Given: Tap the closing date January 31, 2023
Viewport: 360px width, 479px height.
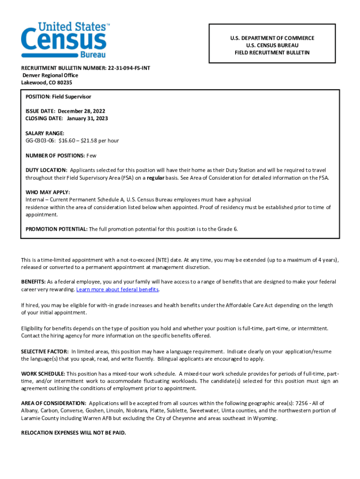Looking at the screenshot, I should click(x=87, y=118).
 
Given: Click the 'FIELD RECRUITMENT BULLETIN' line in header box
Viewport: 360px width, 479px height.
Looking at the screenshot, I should click(x=272, y=53).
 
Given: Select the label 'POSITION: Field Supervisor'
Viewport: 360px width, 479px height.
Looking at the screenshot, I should click(x=58, y=96).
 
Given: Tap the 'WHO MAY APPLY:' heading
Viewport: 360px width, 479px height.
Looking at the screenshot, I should click(x=48, y=192).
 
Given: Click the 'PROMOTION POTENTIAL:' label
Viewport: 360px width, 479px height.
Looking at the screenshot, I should click(x=56, y=229).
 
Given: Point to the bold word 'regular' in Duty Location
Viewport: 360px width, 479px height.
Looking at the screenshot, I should click(x=156, y=178).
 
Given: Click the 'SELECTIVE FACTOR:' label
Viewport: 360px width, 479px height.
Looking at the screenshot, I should click(x=45, y=351).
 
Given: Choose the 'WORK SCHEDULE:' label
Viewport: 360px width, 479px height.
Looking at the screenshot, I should click(x=43, y=373).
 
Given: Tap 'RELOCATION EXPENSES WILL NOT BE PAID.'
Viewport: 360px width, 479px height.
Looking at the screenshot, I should click(x=73, y=433).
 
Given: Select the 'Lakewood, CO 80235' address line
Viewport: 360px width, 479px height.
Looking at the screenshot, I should click(x=47, y=82).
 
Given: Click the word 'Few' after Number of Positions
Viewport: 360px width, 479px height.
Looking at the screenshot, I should click(x=92, y=155).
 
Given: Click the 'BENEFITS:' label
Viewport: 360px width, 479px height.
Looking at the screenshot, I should click(x=33, y=282).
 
